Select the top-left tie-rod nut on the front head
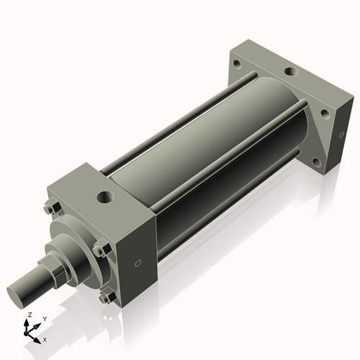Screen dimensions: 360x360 click(x=48, y=210)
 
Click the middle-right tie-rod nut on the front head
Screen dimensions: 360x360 click(x=99, y=251)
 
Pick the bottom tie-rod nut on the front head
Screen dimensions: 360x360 click(x=105, y=297)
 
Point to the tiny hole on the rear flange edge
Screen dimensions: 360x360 click(x=336, y=135)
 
